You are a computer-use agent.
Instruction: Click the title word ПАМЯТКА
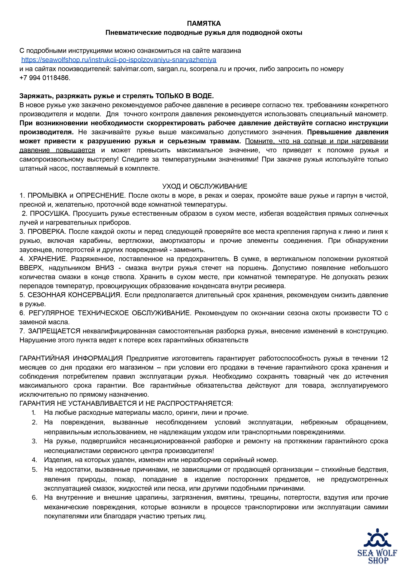(x=204, y=24)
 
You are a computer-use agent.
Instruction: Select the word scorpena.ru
(x=208, y=69)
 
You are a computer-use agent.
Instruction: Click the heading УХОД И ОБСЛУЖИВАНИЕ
(x=205, y=186)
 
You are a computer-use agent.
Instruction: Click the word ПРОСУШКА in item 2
(x=49, y=213)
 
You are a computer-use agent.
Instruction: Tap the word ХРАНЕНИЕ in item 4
(x=48, y=259)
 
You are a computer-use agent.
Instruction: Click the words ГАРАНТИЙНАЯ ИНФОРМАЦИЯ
(x=71, y=358)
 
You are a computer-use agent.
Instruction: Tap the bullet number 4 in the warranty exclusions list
(x=34, y=460)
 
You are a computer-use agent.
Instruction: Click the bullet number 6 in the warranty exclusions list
(x=34, y=498)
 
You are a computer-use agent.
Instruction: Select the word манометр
(x=371, y=114)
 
